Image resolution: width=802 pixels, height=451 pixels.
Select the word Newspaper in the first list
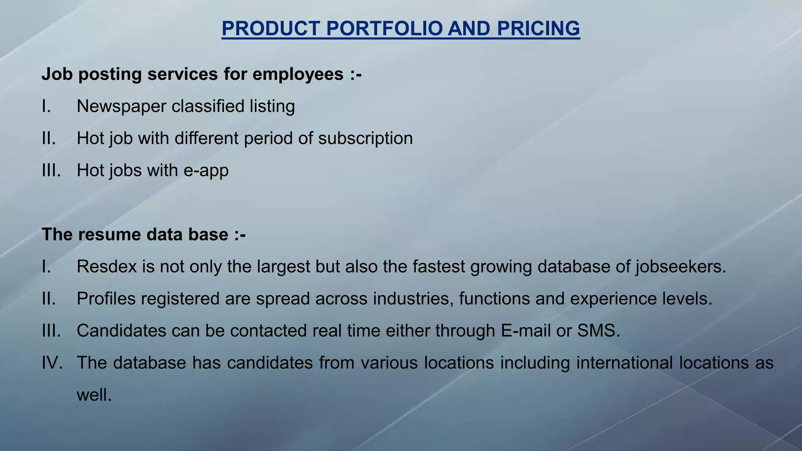(x=121, y=106)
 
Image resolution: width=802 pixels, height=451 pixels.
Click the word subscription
(x=365, y=139)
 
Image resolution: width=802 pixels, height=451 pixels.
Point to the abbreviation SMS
(x=598, y=331)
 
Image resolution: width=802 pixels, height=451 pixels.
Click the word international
(x=624, y=363)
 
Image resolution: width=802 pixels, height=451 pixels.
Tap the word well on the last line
(x=94, y=395)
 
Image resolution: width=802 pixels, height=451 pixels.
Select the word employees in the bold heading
(x=298, y=74)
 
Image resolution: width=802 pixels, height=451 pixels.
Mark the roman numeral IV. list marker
(x=52, y=363)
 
